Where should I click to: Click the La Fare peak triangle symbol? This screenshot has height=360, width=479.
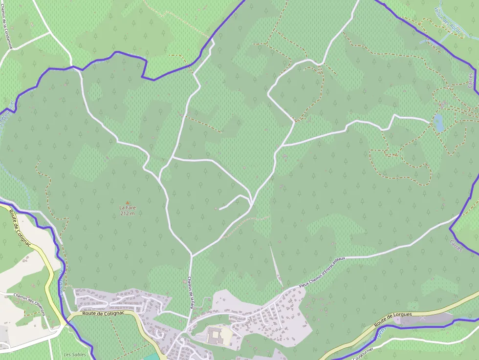pos(128,202)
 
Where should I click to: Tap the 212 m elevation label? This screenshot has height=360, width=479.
pos(128,213)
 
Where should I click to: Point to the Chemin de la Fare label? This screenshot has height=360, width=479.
pos(191,293)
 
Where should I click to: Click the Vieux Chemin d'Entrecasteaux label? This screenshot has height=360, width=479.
pos(322,272)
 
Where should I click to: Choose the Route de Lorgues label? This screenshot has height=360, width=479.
pos(393,319)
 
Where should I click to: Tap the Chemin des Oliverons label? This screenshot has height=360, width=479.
pos(29,304)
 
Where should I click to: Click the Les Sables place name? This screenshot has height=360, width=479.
pos(75,355)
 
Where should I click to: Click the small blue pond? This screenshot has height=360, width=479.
pos(438,123)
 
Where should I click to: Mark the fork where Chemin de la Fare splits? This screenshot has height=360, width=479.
pos(192,255)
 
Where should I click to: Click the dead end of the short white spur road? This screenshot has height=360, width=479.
pos(219,209)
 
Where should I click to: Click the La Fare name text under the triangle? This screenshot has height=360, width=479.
pos(128,208)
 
